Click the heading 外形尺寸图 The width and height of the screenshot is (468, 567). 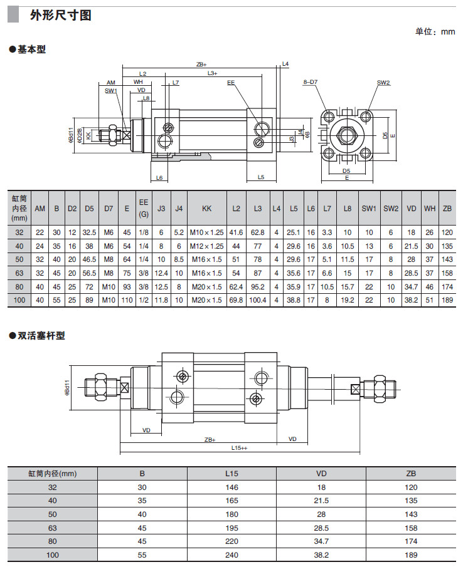61,16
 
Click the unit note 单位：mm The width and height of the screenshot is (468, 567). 435,32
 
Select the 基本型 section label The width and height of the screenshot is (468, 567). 31,49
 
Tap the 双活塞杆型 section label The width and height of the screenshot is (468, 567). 40,336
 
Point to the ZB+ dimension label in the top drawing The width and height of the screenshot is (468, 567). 201,64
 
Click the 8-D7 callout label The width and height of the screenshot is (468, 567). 310,82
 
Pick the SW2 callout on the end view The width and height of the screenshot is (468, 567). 383,82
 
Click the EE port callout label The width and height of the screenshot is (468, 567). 230,82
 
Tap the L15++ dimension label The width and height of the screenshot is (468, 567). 239,448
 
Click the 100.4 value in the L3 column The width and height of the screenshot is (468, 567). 257,300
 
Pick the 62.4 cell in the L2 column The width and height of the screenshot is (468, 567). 237,286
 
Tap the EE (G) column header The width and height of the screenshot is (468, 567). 144,208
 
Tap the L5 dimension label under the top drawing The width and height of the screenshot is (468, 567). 261,177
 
